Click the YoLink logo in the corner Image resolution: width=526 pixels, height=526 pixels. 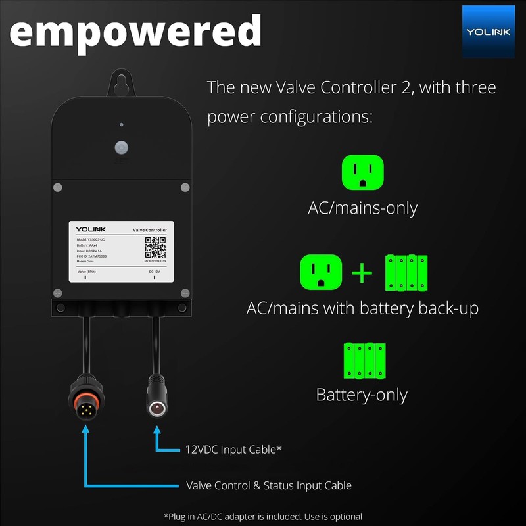[487, 31]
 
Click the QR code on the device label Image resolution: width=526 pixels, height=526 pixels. [155, 248]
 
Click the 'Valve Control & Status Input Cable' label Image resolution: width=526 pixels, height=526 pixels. [268, 485]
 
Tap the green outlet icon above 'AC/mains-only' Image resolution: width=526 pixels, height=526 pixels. [362, 173]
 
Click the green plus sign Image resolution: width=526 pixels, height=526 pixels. [362, 273]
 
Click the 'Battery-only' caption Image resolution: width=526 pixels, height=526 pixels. [362, 394]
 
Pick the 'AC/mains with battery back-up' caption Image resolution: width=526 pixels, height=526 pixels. [362, 308]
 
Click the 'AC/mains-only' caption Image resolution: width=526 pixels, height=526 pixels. [362, 208]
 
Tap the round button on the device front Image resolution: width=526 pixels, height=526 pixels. [121, 146]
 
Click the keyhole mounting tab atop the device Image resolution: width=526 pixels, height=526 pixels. [121, 83]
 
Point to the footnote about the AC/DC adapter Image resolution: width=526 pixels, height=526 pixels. [263, 516]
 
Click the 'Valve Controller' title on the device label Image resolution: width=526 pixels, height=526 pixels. [149, 230]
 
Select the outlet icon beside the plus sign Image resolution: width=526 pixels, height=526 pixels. [321, 272]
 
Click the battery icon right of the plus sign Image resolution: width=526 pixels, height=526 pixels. [406, 272]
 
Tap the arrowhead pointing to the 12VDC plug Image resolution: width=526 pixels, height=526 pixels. [156, 431]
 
